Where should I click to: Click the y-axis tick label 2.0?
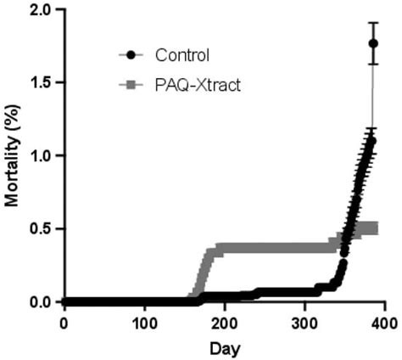pyautogui.click(x=41, y=10)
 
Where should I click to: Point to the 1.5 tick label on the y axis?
pyautogui.click(x=41, y=83)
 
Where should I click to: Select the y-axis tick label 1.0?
pyautogui.click(x=41, y=156)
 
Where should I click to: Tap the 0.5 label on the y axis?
pyautogui.click(x=41, y=229)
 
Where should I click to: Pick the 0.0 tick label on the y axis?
pyautogui.click(x=41, y=302)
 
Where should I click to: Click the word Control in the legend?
pyautogui.click(x=181, y=56)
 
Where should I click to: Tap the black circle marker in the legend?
pyautogui.click(x=131, y=56)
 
